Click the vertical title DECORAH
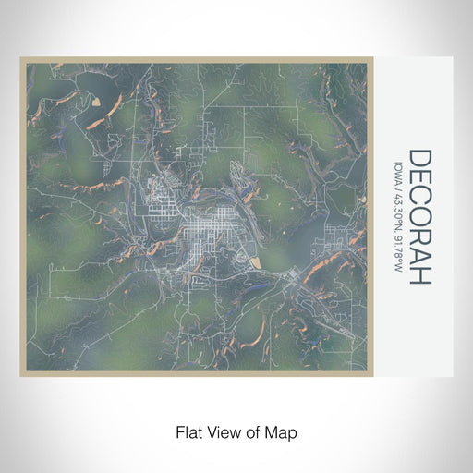418,217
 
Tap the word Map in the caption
284,431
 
